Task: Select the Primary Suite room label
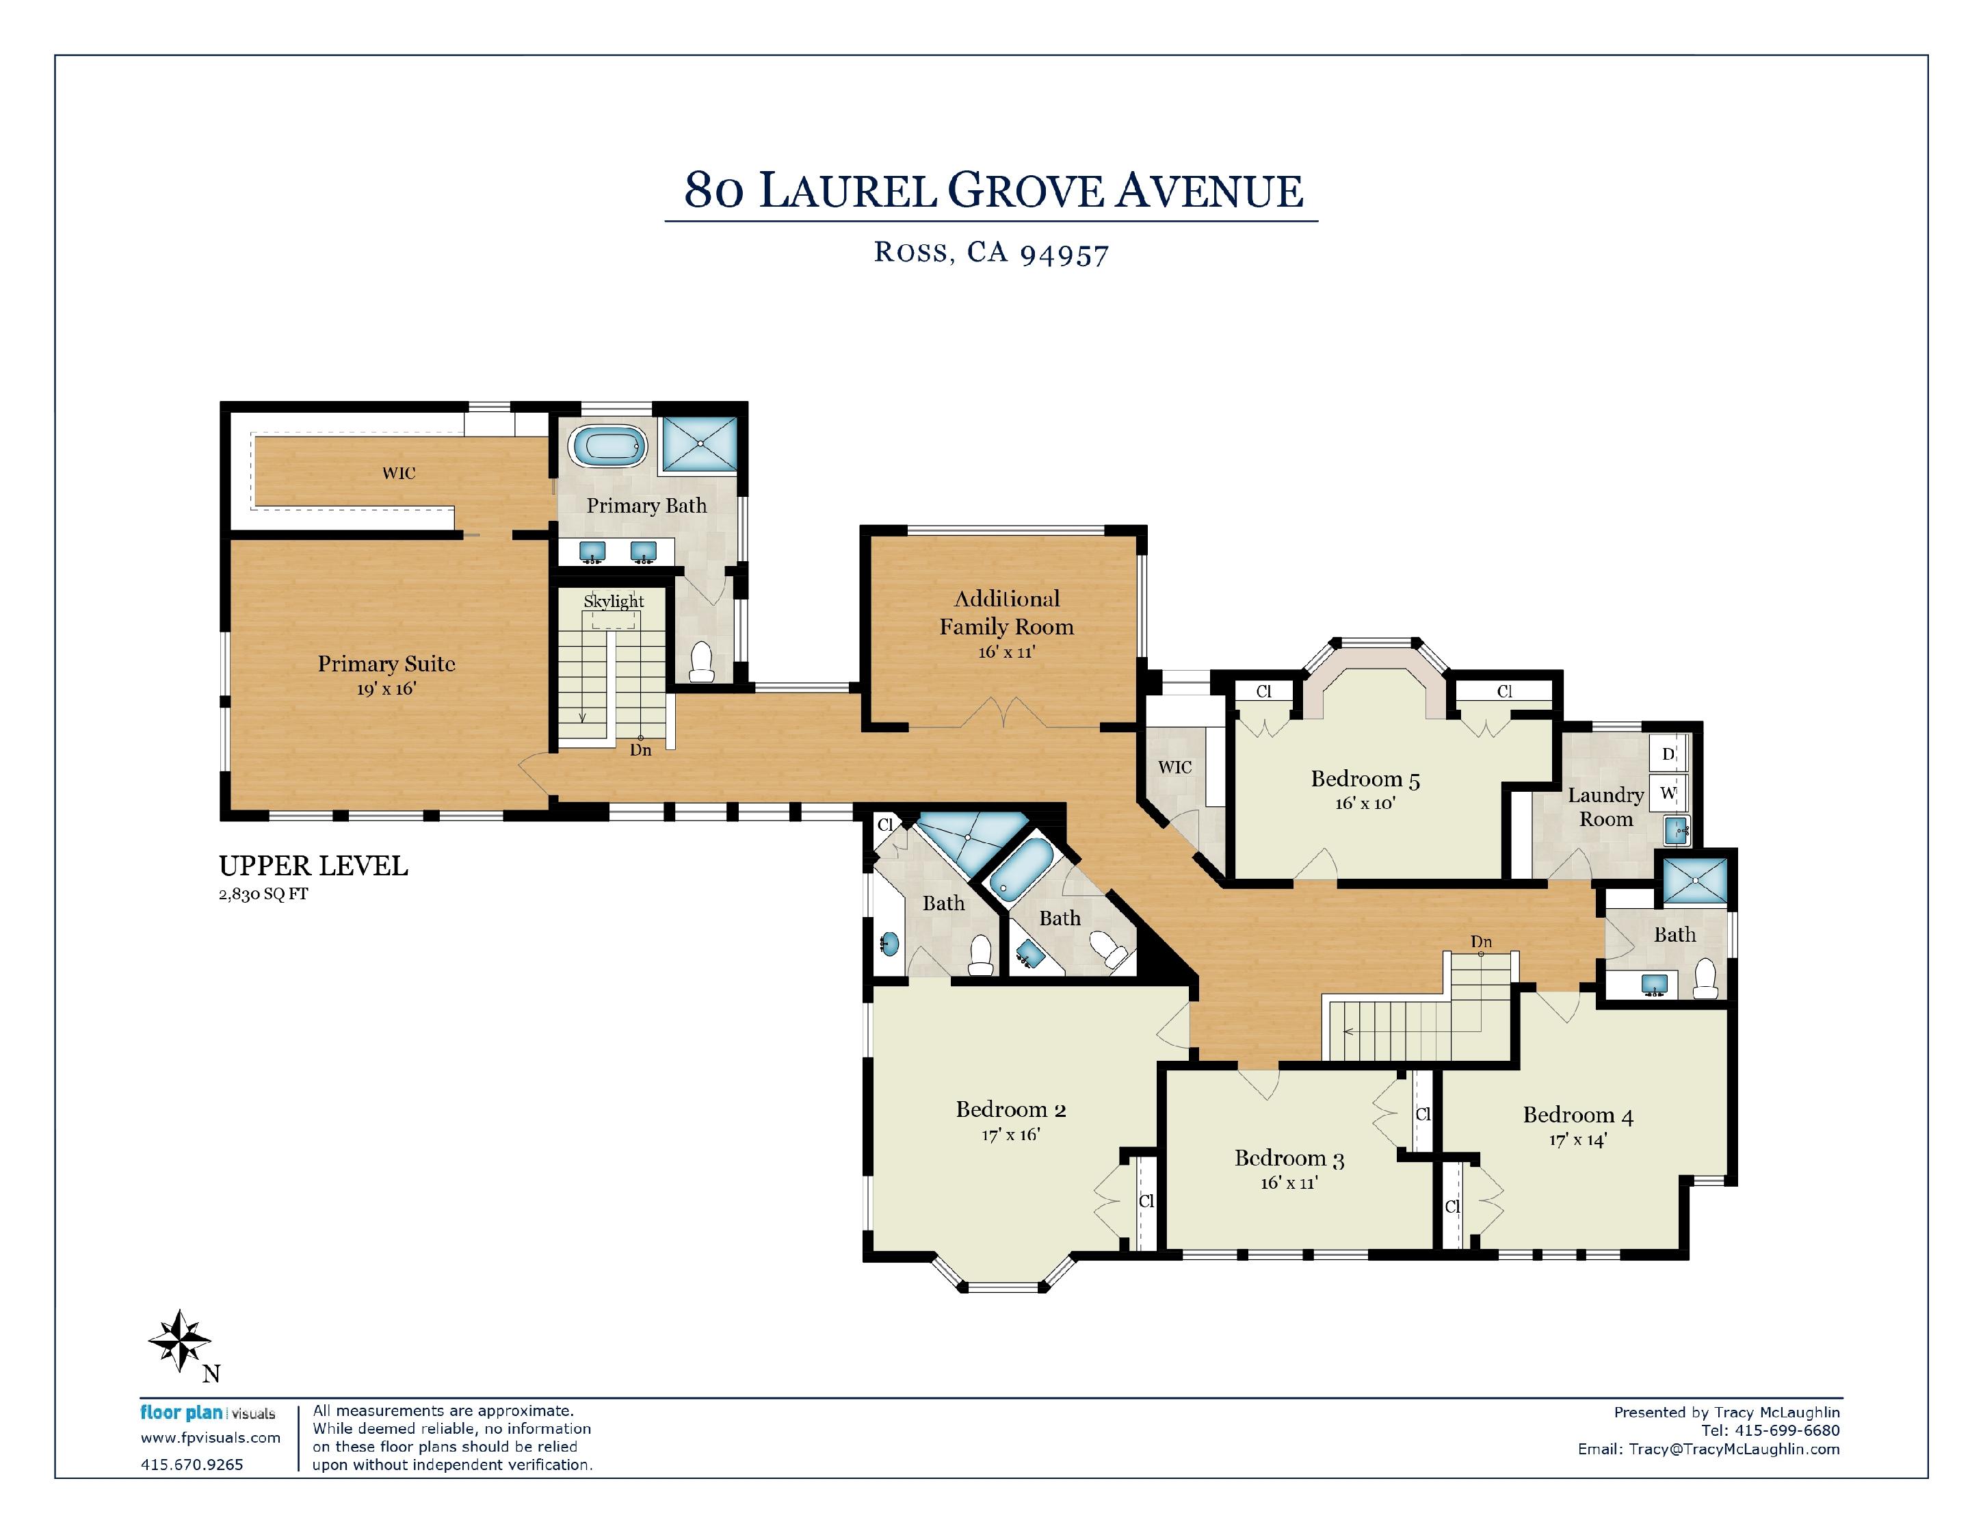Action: pos(386,664)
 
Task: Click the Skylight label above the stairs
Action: pos(614,601)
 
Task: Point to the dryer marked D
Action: pos(1668,753)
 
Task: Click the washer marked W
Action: pos(1668,792)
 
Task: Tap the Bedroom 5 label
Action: pos(1365,780)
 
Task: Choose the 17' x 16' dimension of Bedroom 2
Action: pos(1010,1134)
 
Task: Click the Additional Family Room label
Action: pos(1006,613)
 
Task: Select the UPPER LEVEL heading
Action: pos(313,866)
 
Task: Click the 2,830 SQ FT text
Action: pos(263,894)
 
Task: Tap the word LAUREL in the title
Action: pos(847,192)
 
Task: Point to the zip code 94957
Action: pos(1064,255)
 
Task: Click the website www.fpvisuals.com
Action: pos(211,1438)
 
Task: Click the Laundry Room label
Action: pos(1605,806)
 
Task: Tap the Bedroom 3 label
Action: pos(1289,1158)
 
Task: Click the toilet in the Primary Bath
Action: pos(702,661)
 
